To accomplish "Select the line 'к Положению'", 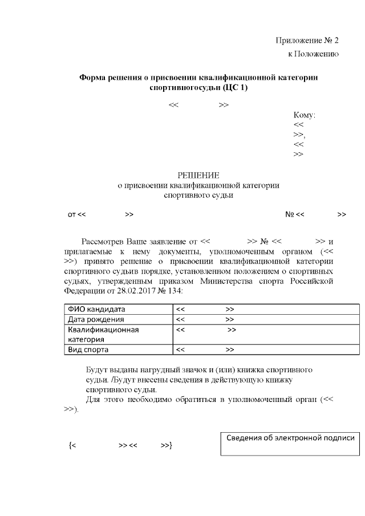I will pos(313,54).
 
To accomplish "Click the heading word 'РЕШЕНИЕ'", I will pos(198,174).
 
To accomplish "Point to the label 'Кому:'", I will pos(305,115).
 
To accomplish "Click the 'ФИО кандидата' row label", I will pos(94,309).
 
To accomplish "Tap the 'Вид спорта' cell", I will pos(88,350).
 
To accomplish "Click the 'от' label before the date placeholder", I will pos(72,214).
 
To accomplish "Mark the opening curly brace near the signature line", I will pos(70,445).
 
